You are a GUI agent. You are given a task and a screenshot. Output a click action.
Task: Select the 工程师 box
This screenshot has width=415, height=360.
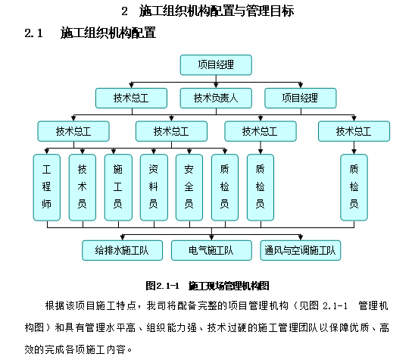(x=46, y=186)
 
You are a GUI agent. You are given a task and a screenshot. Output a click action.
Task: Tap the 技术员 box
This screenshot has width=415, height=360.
(x=82, y=186)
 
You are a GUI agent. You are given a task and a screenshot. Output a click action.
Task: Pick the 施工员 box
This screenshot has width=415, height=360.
(x=117, y=186)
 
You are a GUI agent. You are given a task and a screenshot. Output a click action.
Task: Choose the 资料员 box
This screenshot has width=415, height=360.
(x=153, y=186)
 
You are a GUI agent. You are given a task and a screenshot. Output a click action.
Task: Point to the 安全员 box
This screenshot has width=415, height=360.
(x=189, y=186)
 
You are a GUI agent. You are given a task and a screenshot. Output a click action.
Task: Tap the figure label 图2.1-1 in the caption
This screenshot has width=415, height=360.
(x=161, y=286)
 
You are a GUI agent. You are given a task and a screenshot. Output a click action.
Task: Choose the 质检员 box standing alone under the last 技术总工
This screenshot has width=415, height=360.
(x=353, y=186)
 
